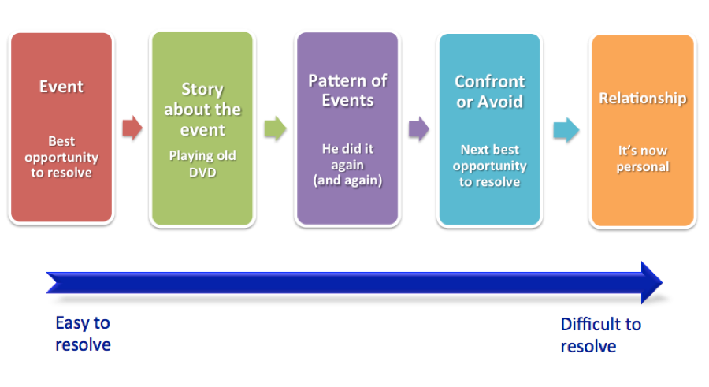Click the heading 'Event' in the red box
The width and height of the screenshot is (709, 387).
pyautogui.click(x=61, y=87)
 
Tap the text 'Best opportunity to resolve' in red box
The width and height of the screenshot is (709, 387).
pyautogui.click(x=61, y=157)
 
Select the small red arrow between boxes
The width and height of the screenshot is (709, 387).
pyautogui.click(x=132, y=128)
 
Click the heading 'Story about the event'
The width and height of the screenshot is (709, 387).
pyautogui.click(x=202, y=109)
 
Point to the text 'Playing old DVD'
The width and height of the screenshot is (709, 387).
pyautogui.click(x=202, y=164)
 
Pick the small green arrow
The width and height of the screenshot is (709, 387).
pyautogui.click(x=275, y=128)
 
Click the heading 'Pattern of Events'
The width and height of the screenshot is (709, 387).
pyautogui.click(x=347, y=90)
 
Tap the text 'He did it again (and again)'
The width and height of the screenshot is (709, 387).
pyautogui.click(x=347, y=164)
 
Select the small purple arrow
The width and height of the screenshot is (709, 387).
pyautogui.click(x=419, y=129)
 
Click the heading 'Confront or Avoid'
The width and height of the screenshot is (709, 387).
pyautogui.click(x=490, y=91)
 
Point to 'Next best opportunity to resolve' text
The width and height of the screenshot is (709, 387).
pyautogui.click(x=490, y=166)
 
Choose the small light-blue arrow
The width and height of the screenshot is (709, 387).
pyautogui.click(x=566, y=130)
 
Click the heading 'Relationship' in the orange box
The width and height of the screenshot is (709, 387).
pyautogui.click(x=643, y=98)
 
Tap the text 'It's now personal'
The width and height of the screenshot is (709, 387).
pyautogui.click(x=643, y=158)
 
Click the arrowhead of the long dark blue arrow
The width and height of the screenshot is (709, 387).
pyautogui.click(x=651, y=282)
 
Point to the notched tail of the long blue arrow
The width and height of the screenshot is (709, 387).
pyautogui.click(x=53, y=283)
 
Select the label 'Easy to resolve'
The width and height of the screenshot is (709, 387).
pyautogui.click(x=83, y=333)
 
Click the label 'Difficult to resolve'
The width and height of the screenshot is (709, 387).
pyautogui.click(x=601, y=335)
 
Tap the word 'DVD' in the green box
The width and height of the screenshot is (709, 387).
pyautogui.click(x=202, y=173)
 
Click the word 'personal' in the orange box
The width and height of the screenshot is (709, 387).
pyautogui.click(x=643, y=166)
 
